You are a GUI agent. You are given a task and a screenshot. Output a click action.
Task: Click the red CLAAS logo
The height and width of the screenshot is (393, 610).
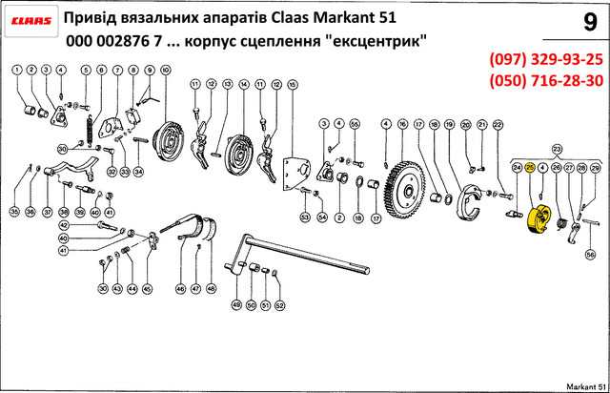[x=31, y=20]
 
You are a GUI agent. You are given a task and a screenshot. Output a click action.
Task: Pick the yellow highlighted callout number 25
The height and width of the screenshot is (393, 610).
[x=530, y=166]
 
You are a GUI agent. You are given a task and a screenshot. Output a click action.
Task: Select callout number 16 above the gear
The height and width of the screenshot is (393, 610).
[x=403, y=124]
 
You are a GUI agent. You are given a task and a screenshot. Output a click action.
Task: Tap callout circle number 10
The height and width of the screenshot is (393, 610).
[x=166, y=71]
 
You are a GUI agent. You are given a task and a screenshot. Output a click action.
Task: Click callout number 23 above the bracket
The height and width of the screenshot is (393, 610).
[x=558, y=148]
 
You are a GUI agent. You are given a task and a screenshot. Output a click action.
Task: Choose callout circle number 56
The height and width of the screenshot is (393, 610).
[x=590, y=255]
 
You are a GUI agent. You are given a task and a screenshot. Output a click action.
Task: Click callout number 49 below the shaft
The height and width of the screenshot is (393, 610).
[x=236, y=305]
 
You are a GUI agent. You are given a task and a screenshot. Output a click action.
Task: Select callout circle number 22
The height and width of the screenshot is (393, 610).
[x=498, y=124]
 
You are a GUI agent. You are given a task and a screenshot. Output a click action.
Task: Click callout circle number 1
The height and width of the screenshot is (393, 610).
[x=16, y=71]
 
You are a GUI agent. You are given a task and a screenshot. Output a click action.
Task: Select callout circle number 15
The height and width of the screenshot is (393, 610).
[x=293, y=85]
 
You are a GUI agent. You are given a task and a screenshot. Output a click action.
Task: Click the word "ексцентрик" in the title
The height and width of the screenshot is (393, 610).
[x=381, y=43]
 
